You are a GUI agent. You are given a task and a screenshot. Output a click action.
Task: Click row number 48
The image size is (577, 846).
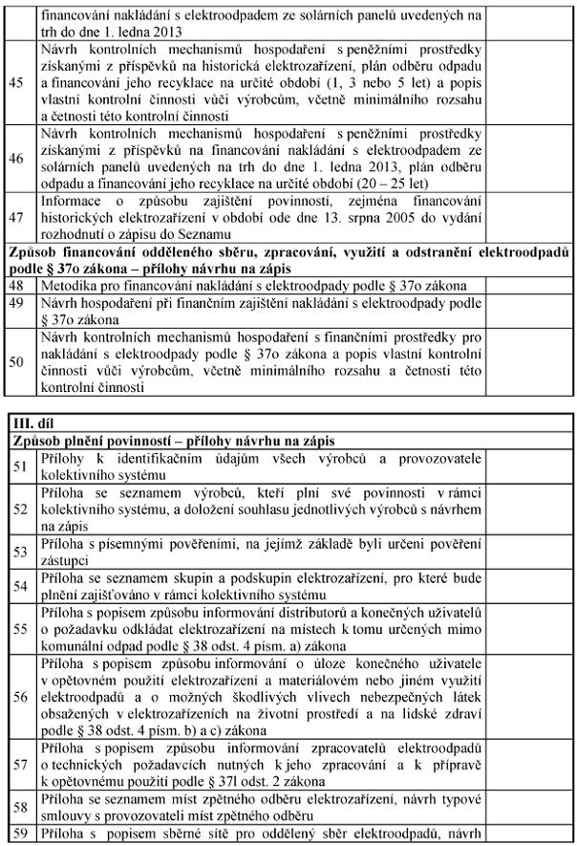[16, 286]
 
